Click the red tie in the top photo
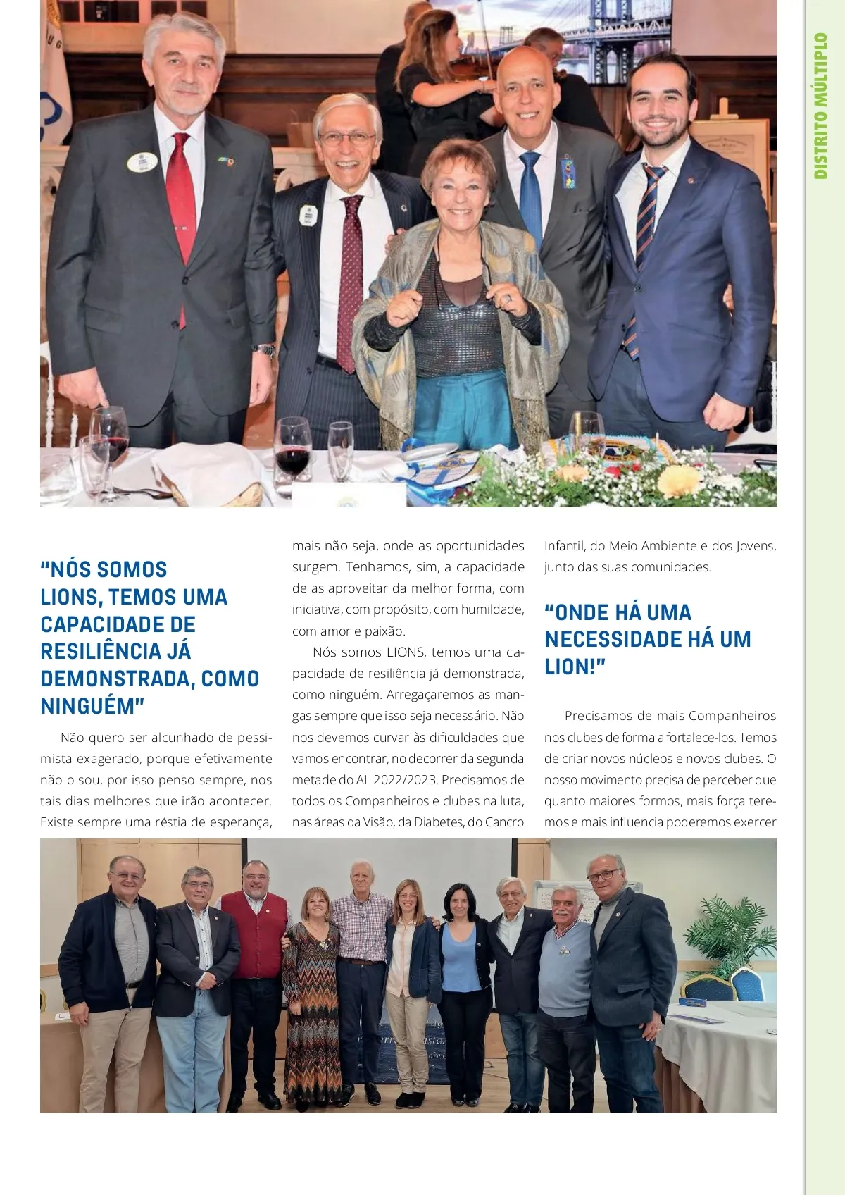click(x=181, y=204)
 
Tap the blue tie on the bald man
click(x=531, y=197)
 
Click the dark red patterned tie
click(x=350, y=282)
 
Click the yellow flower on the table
click(x=679, y=481)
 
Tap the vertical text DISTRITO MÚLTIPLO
click(x=820, y=106)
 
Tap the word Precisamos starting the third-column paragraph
click(x=598, y=716)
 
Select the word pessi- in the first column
click(x=254, y=738)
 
